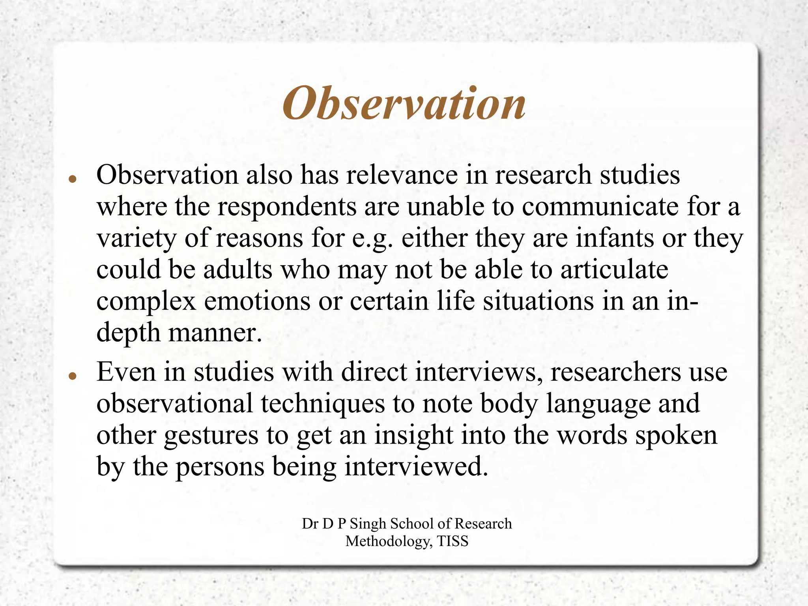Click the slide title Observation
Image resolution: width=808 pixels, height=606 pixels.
[x=404, y=103]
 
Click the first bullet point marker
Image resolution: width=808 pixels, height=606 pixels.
[x=72, y=179]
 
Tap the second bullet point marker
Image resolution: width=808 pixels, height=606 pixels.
[x=72, y=376]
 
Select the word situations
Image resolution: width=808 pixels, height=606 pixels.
[x=539, y=301]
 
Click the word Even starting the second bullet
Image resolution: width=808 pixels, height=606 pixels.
[x=126, y=372]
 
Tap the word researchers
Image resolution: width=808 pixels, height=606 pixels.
[x=615, y=372]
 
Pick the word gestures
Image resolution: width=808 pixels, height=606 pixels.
[x=211, y=436]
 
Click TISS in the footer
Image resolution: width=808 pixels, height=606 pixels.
[x=453, y=541]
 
